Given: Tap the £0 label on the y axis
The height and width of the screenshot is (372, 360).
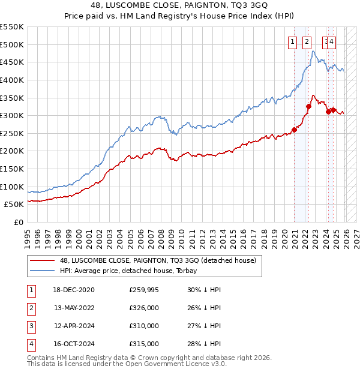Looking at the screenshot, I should click(x=18, y=223).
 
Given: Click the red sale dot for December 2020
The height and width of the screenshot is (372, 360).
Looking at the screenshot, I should click(x=295, y=130).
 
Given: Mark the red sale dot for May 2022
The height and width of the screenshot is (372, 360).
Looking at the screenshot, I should click(x=308, y=106).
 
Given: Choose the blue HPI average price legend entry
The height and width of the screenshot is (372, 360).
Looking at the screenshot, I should click(x=131, y=271).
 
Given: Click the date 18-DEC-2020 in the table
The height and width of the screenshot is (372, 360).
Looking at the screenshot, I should click(x=74, y=290).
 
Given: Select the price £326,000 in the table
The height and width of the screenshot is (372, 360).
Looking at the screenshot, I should click(x=144, y=308).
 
